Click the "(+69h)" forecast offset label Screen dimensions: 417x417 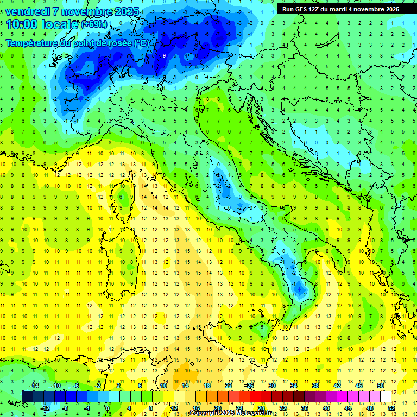(x=93, y=25)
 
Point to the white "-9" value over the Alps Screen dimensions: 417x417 (x=163, y=55)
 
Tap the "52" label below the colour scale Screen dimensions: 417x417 (x=391, y=408)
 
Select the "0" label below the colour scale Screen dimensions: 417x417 (x=108, y=408)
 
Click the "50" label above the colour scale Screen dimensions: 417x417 (x=380, y=385)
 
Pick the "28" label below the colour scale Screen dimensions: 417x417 (x=261, y=408)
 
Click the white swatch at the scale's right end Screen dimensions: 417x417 (x=386, y=396)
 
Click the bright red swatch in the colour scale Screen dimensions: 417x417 (x=255, y=396)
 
